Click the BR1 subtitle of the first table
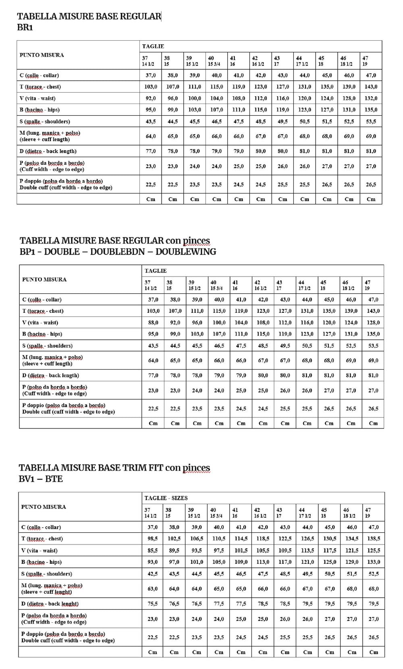coord(25,27)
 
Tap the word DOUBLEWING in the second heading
coord(186,252)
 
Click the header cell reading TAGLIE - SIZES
coord(166,498)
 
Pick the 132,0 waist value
coord(371,98)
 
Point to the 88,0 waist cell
coord(153,322)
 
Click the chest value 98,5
coord(152,538)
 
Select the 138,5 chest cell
coord(374,538)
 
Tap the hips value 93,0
coord(152,562)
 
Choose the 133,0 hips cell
coord(374,562)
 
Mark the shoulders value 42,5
coord(152,573)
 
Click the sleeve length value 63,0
coord(152,588)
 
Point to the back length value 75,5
coord(152,604)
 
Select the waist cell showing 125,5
coord(374,550)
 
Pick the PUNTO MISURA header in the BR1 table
coord(42,55)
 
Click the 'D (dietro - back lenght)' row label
coord(50,604)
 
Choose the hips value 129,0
coord(352,562)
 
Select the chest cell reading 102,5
coord(174,538)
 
